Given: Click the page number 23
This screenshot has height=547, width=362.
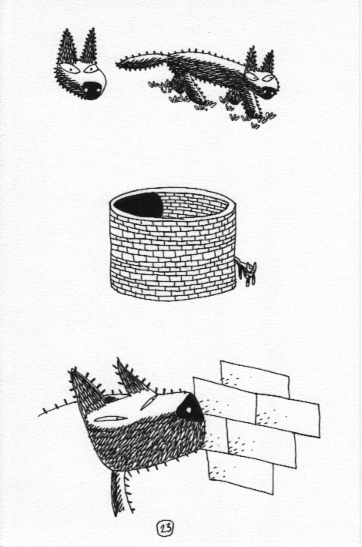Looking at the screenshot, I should (x=166, y=528).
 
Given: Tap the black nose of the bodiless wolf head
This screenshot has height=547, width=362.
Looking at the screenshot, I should (x=92, y=89).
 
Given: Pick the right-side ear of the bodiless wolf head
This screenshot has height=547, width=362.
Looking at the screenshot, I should (x=90, y=47).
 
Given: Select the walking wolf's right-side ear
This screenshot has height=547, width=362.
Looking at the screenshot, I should (x=268, y=62).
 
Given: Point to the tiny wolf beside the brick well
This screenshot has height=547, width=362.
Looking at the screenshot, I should (x=246, y=271).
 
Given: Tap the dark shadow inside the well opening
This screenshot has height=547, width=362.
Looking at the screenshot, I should (x=139, y=205).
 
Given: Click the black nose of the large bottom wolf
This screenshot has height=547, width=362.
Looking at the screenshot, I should (x=190, y=410).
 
